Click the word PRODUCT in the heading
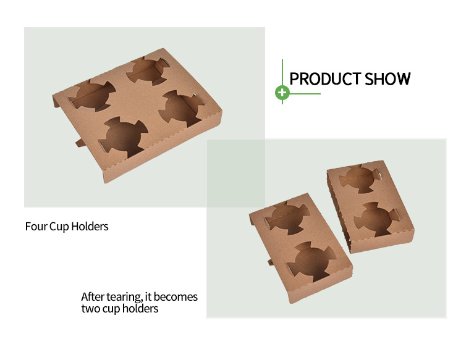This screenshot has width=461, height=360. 325,79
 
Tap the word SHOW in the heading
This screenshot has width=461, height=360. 387,79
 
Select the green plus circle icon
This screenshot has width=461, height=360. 282,93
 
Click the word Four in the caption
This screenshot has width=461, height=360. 36,227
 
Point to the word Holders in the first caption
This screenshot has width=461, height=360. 90,227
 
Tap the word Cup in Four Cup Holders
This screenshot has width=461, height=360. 59,227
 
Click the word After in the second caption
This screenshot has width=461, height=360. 93,297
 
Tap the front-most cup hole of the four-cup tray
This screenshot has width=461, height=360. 124,137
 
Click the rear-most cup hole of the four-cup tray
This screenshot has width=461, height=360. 148,70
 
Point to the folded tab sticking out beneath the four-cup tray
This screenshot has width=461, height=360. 80,143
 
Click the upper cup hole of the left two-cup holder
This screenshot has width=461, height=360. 287,217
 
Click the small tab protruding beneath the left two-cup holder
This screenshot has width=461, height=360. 271,262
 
